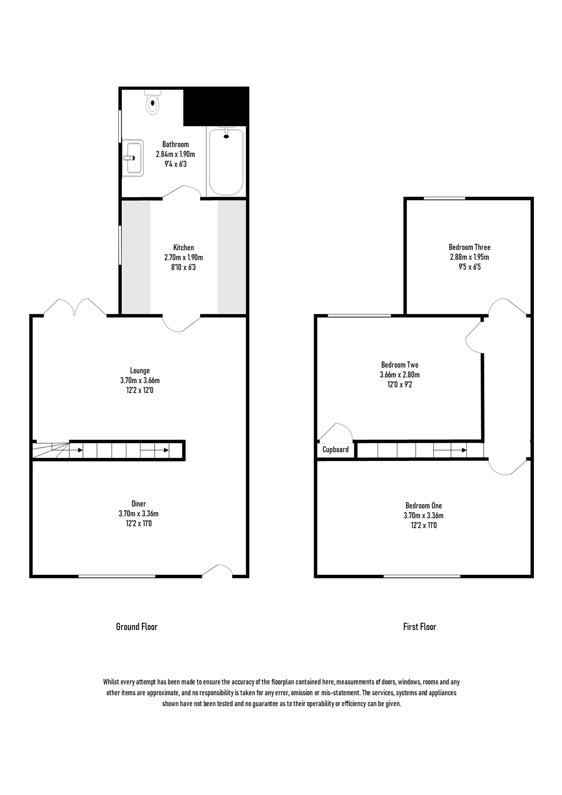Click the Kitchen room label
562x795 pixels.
(184, 247)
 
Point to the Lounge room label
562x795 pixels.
(140, 371)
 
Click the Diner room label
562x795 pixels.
(139, 504)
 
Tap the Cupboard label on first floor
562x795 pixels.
(335, 450)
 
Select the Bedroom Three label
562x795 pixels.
(470, 247)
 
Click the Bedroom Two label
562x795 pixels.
(400, 365)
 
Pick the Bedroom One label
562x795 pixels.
(424, 506)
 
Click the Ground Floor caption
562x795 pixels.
(137, 627)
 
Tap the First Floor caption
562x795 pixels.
(420, 627)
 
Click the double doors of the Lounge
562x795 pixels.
(75, 308)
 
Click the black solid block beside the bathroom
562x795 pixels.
(216, 106)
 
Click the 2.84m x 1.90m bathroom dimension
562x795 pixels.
(175, 155)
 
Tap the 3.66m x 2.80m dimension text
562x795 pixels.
(400, 375)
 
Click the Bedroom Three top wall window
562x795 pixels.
(444, 198)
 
